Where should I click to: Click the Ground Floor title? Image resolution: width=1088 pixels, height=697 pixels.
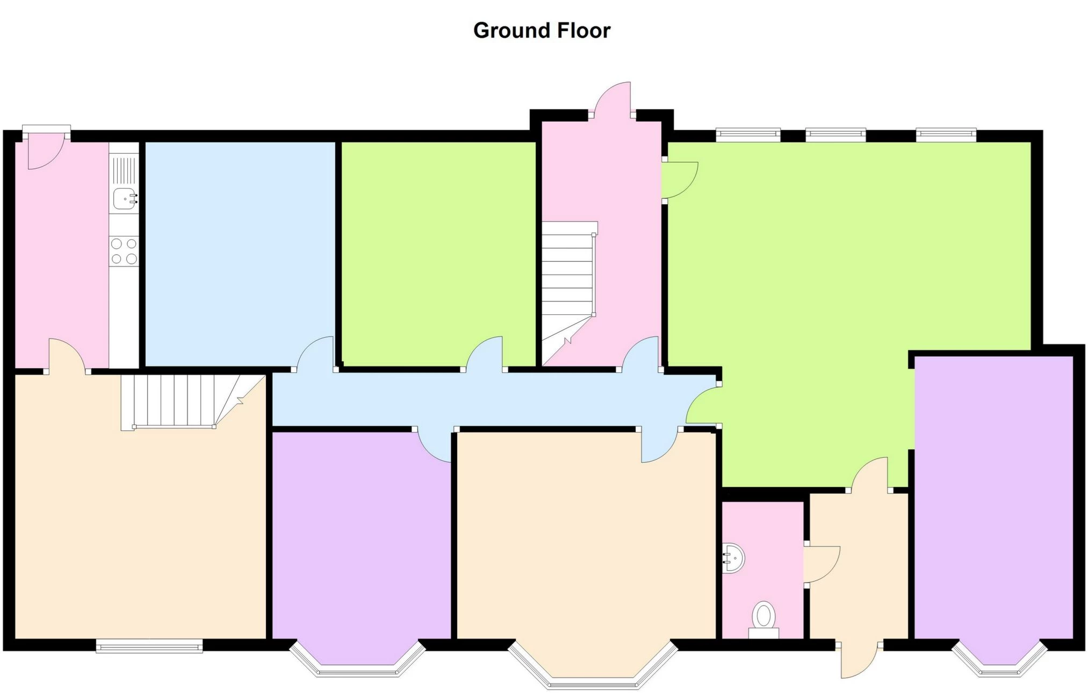pyautogui.click(x=542, y=31)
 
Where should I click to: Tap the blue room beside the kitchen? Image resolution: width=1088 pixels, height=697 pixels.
pyautogui.click(x=240, y=253)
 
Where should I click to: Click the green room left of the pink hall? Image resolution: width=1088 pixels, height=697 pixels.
pyautogui.click(x=438, y=253)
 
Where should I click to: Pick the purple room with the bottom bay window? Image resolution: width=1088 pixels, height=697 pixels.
pyautogui.click(x=361, y=537)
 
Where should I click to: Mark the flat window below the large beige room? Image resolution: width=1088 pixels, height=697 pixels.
pyautogui.click(x=149, y=646)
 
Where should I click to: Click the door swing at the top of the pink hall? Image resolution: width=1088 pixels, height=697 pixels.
pyautogui.click(x=613, y=99)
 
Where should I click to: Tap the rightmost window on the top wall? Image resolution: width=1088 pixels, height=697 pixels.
pyautogui.click(x=946, y=134)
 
